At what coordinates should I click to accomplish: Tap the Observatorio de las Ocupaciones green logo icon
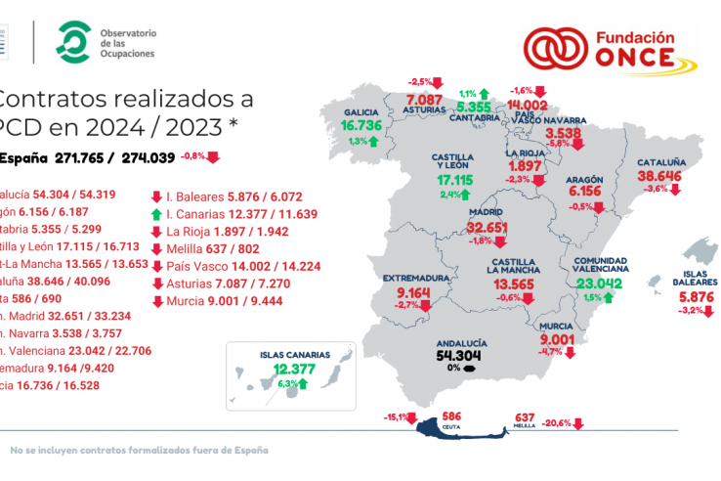point(70,42)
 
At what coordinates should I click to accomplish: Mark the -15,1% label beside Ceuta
point(398,418)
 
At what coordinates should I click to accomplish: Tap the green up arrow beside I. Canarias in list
point(156,213)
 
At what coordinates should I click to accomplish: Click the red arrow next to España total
point(213,156)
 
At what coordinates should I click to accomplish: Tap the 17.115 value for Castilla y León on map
point(453,181)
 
